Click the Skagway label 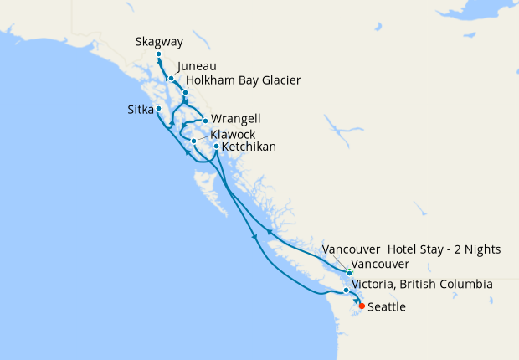click(x=158, y=41)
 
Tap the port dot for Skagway click(x=158, y=54)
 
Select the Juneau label click(x=198, y=66)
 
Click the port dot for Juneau click(x=171, y=79)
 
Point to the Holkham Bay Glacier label click(x=243, y=80)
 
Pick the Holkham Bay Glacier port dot click(x=185, y=92)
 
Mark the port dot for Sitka click(x=158, y=108)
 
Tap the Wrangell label click(x=233, y=118)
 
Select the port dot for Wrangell click(x=205, y=121)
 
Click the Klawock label click(x=234, y=134)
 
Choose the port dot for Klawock click(x=193, y=141)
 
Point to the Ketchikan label click(x=249, y=147)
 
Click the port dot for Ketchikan click(x=217, y=147)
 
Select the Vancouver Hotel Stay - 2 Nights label click(x=411, y=249)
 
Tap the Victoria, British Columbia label click(x=422, y=285)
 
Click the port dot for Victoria click(x=346, y=291)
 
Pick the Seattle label click(x=387, y=307)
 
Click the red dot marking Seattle click(x=362, y=306)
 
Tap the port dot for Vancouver click(x=350, y=273)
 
